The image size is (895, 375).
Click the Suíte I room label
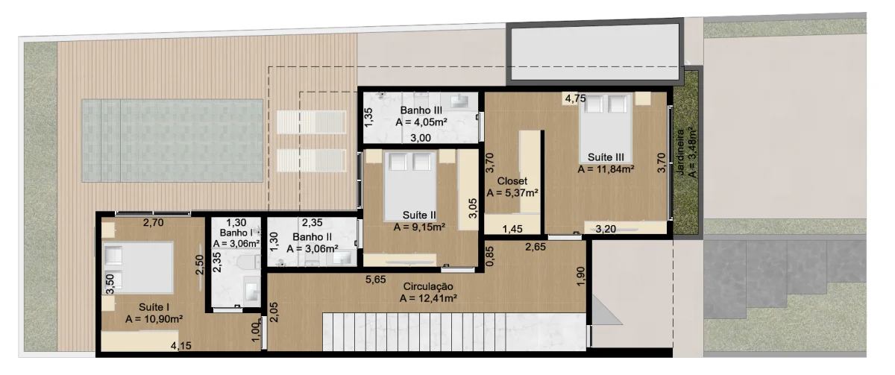154,307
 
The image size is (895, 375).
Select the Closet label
512,181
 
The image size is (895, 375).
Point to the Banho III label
421,110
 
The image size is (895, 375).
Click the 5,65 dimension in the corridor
376,280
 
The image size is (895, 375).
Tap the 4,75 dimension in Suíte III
575,98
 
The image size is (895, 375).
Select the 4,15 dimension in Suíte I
180,345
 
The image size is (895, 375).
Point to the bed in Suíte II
409,186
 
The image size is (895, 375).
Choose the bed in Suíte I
138,268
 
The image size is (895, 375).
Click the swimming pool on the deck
172,141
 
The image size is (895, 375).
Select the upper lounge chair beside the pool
311,122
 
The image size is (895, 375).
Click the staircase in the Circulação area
454,332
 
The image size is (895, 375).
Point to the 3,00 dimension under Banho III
421,138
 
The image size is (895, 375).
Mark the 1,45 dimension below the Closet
512,229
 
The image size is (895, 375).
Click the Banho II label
312,237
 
